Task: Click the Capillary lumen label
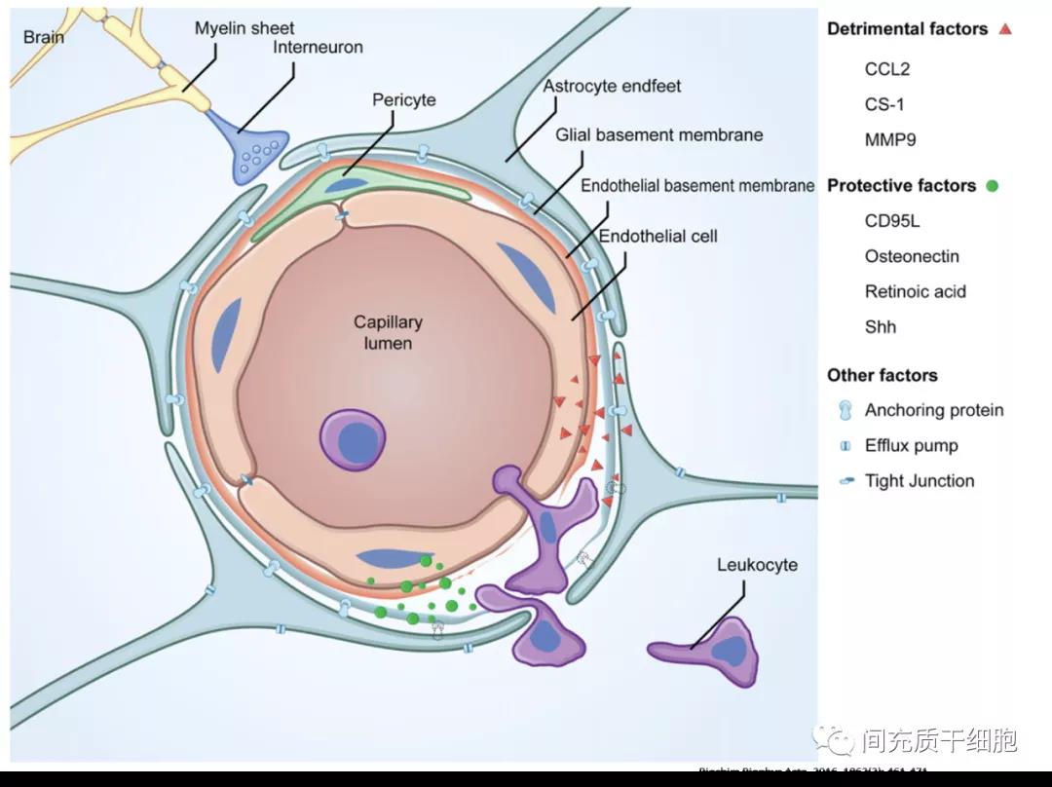tap(388, 332)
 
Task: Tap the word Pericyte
tap(403, 100)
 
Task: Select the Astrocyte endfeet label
tap(612, 86)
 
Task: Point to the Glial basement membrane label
tap(658, 134)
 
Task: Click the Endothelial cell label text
tap(657, 236)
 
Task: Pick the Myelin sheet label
tap(244, 28)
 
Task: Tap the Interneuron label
tap(318, 47)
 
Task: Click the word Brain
tap(44, 37)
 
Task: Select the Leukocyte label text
tap(757, 565)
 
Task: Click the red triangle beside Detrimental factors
tap(1005, 29)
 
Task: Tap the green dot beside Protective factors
tap(992, 186)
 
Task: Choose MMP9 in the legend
tap(890, 139)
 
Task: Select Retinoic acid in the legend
tap(915, 291)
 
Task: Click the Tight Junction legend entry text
tap(919, 480)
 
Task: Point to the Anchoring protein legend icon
tap(845, 410)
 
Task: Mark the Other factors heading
tap(882, 375)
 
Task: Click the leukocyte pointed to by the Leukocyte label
tap(711, 649)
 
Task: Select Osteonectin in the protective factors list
tap(912, 256)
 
